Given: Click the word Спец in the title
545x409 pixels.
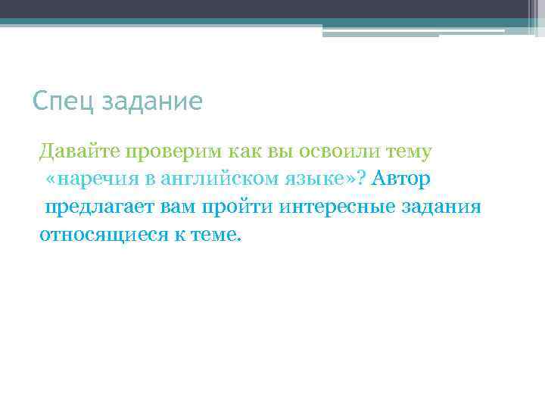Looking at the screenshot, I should [x=63, y=101].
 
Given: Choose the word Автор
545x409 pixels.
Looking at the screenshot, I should [x=400, y=180].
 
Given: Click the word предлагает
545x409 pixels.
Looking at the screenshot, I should [x=98, y=207].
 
